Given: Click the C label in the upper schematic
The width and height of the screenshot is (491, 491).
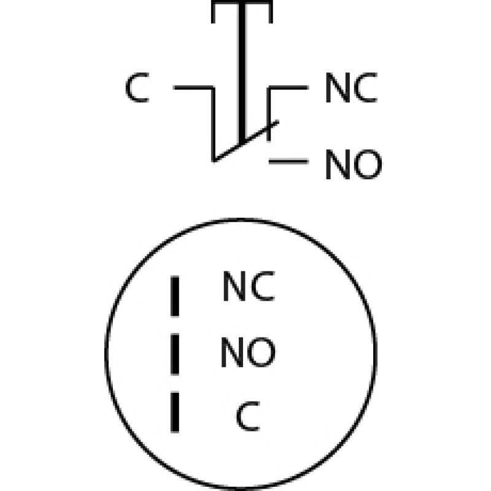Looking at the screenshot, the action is pyautogui.click(x=137, y=87).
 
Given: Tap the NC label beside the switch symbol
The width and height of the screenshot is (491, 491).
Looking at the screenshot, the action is pyautogui.click(x=351, y=87).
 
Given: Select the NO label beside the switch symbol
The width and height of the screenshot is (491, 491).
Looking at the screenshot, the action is pyautogui.click(x=354, y=164).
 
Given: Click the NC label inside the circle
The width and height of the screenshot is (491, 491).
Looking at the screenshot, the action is pyautogui.click(x=249, y=286).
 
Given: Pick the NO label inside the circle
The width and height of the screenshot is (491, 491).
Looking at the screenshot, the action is pyautogui.click(x=248, y=352).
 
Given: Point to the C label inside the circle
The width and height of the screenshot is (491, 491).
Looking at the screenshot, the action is pyautogui.click(x=248, y=416).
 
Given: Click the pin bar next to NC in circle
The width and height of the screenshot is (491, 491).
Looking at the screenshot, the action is pyautogui.click(x=175, y=296).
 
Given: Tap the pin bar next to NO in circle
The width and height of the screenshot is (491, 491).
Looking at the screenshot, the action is pyautogui.click(x=175, y=354).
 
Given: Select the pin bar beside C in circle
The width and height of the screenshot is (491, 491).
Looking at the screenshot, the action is pyautogui.click(x=175, y=412).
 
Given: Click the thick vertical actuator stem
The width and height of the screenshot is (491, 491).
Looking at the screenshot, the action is pyautogui.click(x=242, y=72).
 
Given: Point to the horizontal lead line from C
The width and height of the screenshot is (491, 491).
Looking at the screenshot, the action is pyautogui.click(x=194, y=87).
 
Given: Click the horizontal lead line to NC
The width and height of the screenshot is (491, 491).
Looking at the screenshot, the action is pyautogui.click(x=288, y=87).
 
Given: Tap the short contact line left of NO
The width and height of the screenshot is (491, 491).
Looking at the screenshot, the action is pyautogui.click(x=288, y=161).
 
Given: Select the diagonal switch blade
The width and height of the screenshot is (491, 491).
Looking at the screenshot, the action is pyautogui.click(x=246, y=142).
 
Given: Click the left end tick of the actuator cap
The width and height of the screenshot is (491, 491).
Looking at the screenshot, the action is pyautogui.click(x=213, y=12).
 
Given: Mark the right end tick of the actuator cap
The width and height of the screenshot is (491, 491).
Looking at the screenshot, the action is pyautogui.click(x=271, y=12).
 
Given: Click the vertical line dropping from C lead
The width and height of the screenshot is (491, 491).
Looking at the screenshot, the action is pyautogui.click(x=214, y=125).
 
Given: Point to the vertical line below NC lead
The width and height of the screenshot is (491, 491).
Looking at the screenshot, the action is pyautogui.click(x=269, y=114).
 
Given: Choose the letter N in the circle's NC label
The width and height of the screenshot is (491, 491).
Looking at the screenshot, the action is pyautogui.click(x=234, y=286).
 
